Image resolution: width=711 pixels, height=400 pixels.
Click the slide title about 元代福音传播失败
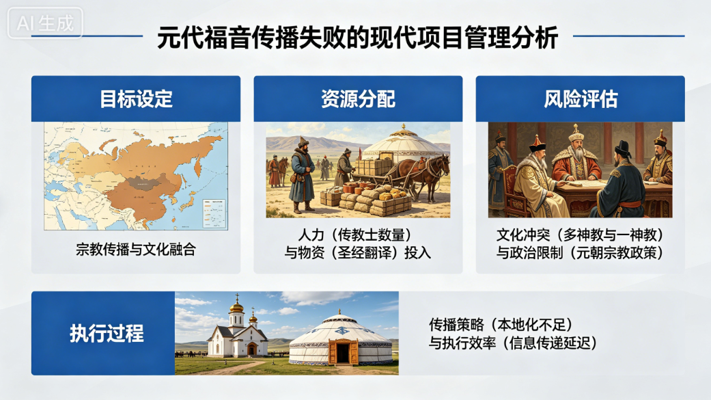pos(357,38)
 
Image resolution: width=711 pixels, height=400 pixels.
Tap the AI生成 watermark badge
pos(45,23)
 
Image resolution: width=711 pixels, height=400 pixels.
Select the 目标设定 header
pos(136,99)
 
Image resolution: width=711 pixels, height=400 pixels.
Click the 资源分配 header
pos(358,99)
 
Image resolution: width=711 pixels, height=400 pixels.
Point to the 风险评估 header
pos(581,99)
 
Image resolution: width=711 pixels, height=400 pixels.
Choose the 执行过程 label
pos(107,334)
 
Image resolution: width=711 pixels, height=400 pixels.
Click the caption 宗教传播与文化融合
pos(136,250)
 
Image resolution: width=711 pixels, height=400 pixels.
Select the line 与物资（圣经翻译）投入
pos(358,252)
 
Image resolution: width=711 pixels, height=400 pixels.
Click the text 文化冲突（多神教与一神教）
pos(581,235)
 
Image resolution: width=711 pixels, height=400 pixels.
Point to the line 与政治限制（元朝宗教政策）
pos(581,252)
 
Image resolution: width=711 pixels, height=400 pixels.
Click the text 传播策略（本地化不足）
pos(501,325)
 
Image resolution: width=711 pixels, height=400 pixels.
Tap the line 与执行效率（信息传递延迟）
pos(513,343)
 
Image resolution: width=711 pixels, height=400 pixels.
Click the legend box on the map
pos(214,213)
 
